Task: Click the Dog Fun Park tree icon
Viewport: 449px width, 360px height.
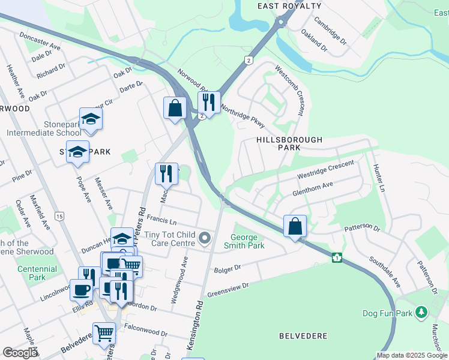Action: tap(421, 313)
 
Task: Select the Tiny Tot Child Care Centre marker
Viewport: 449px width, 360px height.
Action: tap(205, 239)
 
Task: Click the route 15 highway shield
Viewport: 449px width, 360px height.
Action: tap(59, 216)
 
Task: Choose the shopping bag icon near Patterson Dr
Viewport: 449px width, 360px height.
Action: tap(295, 227)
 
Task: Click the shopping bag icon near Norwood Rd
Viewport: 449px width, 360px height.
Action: tap(175, 108)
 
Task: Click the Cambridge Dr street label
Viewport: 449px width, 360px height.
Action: tap(331, 33)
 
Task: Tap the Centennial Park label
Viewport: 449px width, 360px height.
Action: tap(37, 273)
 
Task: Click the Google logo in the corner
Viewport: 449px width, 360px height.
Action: tap(20, 353)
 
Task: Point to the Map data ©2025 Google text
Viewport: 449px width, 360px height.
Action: tap(412, 355)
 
